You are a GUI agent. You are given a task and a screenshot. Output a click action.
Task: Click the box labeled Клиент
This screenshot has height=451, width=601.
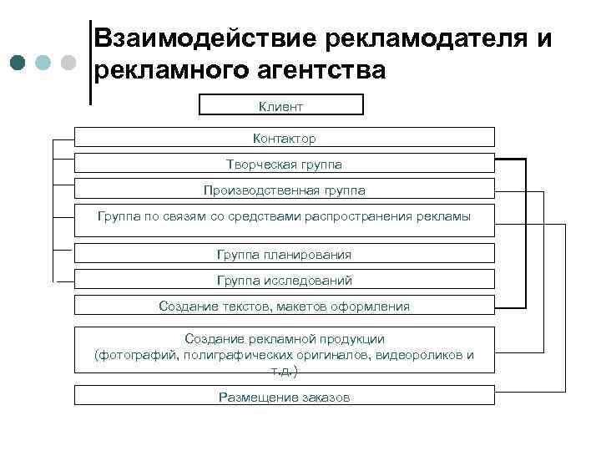coord(281,105)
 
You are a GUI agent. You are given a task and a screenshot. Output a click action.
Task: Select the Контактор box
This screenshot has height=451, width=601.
coord(285,138)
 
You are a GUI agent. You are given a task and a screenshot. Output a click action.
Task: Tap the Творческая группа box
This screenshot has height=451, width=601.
coord(285,165)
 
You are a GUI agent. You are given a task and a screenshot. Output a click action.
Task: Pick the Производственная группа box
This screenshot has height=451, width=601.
coord(285,190)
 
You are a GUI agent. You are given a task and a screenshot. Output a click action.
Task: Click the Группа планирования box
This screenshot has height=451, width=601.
coord(285,254)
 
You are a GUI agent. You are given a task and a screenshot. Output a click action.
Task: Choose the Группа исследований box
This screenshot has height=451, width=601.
coord(285,280)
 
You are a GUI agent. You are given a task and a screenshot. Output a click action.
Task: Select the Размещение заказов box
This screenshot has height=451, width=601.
coord(285,397)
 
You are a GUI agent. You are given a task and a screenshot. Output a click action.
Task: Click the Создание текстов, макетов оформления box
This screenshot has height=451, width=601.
coord(285,307)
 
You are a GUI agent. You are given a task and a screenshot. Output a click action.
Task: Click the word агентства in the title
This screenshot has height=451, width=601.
coord(316,71)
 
